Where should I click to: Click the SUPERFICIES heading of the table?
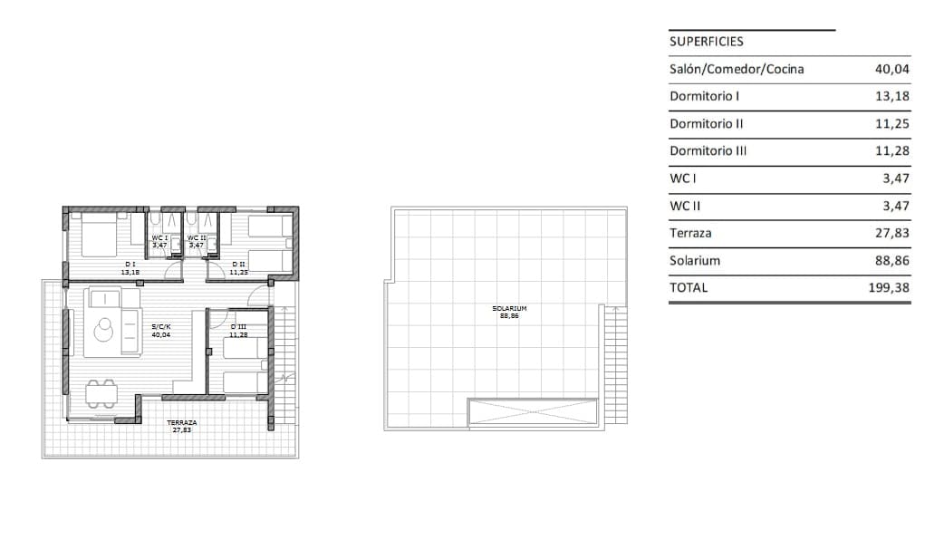click(706, 42)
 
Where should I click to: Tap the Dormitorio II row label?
click(706, 123)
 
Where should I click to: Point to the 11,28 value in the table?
click(891, 151)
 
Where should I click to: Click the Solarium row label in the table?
click(695, 261)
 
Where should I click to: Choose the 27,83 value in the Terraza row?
click(891, 234)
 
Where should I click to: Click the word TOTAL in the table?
click(689, 288)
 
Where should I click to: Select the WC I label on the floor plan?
click(159, 238)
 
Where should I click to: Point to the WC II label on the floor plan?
click(197, 238)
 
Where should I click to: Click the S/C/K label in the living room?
click(161, 327)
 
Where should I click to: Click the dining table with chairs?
click(101, 394)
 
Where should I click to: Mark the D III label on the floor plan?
click(238, 327)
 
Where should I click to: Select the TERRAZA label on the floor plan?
click(182, 423)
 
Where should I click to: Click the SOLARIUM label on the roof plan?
click(509, 309)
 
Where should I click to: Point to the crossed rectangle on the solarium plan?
click(533, 412)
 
